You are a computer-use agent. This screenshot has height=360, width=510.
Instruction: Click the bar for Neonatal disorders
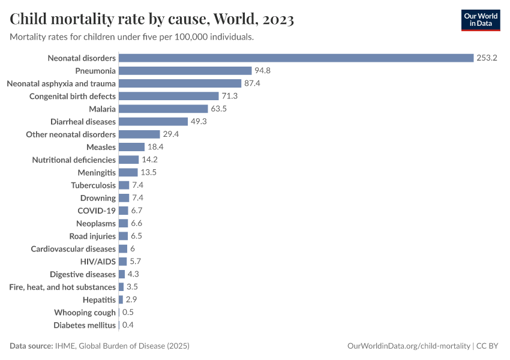coord(296,58)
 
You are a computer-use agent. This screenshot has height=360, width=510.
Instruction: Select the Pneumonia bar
coord(185,71)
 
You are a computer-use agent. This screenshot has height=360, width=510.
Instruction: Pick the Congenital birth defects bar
coord(169,96)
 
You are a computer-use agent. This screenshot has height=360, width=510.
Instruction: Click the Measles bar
coord(131,147)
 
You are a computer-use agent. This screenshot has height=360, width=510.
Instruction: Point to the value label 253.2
coord(487,58)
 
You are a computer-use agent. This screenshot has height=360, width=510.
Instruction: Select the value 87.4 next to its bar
coord(252,83)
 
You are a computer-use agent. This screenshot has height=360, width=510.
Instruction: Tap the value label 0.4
coord(128,325)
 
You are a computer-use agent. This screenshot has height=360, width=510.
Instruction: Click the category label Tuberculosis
coord(93,185)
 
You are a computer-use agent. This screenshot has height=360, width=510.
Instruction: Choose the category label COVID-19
coord(97,211)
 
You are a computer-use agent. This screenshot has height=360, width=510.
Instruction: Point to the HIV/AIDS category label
coord(98,262)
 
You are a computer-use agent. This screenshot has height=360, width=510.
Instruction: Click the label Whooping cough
coord(85,313)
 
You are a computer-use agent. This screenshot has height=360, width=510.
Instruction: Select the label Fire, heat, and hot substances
coord(62,287)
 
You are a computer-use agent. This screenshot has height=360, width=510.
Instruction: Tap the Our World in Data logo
coord(481,19)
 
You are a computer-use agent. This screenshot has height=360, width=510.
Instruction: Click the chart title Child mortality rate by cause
coord(152,19)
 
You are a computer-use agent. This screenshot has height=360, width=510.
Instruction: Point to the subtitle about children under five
coord(132,37)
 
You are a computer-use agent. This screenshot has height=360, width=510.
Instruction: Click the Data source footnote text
coord(100,346)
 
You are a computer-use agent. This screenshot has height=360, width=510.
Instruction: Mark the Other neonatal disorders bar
coord(139,134)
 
